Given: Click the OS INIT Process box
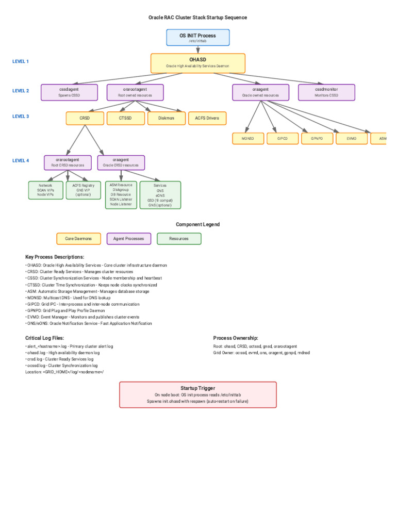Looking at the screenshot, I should (197, 38).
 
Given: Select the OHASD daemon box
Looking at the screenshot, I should (197, 63).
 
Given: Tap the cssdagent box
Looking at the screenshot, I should (69, 92).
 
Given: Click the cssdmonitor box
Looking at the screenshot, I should (326, 92).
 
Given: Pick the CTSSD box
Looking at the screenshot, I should (125, 118).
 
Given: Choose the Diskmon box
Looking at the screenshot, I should (166, 118).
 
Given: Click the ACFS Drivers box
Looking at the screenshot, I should (207, 118).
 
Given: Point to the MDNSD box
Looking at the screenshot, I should (247, 138).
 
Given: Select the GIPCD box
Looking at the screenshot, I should (282, 138).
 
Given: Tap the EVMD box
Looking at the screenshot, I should (352, 138).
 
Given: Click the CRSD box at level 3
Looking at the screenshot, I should (85, 118).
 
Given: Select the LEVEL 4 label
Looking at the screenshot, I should (21, 160).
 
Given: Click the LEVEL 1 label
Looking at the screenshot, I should (21, 61).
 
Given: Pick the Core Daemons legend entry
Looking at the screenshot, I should (78, 239).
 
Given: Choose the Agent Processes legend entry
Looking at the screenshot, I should (129, 239).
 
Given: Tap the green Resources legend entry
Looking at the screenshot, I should (179, 239).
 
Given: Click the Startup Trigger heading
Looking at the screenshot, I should (197, 388).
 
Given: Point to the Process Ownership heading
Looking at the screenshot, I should (236, 338).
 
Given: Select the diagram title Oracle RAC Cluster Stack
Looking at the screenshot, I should (197, 18).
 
